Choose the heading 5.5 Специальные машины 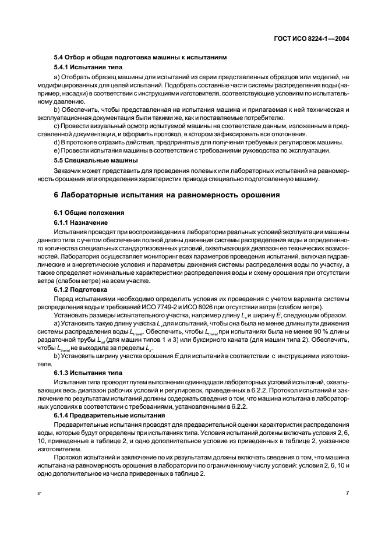pos(96,160)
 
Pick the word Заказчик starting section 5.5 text pos(69,171)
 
